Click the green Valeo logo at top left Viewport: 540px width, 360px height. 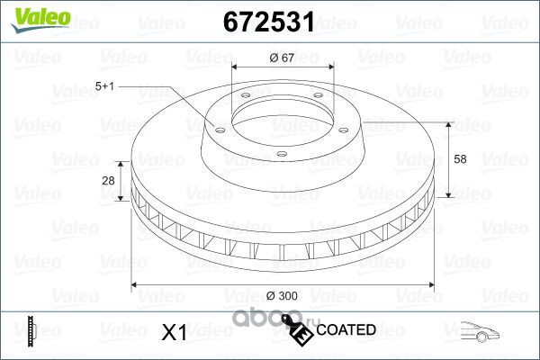[x=40, y=20]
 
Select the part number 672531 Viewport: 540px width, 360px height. [x=268, y=22]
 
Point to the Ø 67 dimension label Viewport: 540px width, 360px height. [x=282, y=58]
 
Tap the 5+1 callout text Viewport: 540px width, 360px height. [x=104, y=85]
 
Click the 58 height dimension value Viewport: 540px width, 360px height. [x=460, y=159]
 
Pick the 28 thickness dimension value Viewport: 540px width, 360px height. [x=108, y=180]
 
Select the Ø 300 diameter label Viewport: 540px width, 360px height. [x=282, y=295]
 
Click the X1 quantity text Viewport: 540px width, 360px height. [x=175, y=332]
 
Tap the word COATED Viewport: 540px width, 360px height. [x=346, y=329]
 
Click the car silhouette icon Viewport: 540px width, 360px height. [x=480, y=331]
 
